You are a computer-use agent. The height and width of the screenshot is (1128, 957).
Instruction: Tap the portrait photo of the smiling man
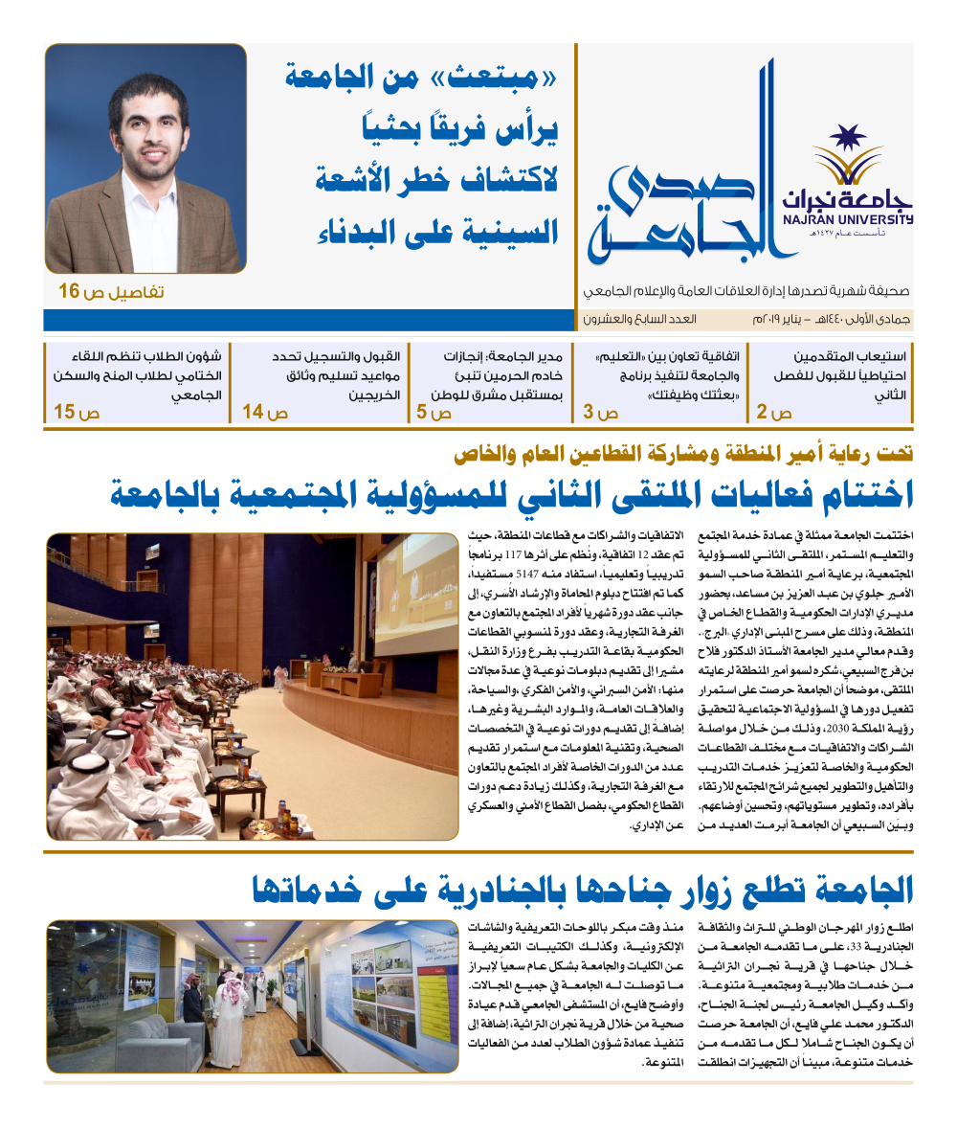[x=145, y=158]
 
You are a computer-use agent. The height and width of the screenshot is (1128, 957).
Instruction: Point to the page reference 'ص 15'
[x=77, y=414]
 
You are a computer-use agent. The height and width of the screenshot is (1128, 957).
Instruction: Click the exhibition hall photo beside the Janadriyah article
[x=251, y=996]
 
